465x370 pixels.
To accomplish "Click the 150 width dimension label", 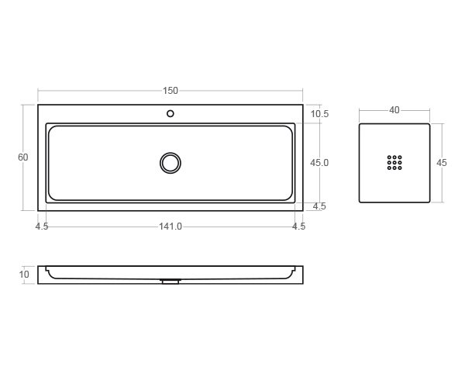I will (170, 91).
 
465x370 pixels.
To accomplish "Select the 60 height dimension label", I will (23, 157).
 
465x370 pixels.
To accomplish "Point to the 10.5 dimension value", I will (319, 114).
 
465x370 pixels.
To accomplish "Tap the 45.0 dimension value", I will (319, 163).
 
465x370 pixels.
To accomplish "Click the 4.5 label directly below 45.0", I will (319, 206).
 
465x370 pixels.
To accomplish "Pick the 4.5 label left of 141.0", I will (42, 226).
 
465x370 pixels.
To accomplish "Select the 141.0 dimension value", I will (170, 226).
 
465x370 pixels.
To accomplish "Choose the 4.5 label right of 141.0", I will (298, 226).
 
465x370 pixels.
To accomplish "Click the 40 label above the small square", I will (394, 110).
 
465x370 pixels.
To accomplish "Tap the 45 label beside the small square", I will (442, 163).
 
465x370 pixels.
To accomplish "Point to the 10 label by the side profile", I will (24, 275).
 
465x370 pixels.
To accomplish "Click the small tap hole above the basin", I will (170, 114).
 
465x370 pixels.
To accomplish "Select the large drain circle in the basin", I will (170, 163).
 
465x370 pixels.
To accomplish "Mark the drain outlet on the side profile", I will (170, 282).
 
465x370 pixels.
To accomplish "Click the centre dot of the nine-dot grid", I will (394, 162).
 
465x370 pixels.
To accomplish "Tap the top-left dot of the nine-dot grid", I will (389, 157).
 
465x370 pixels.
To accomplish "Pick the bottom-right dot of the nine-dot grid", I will (400, 168).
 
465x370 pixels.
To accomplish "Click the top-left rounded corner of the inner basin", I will (51, 129).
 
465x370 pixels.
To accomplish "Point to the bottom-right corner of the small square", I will (429, 202).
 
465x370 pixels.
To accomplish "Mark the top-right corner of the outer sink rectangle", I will (303, 105).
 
